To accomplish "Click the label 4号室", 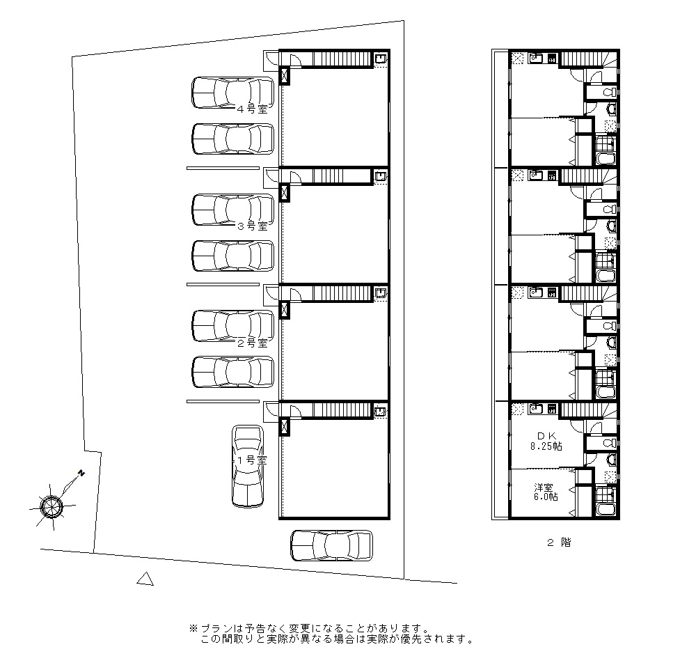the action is click(252, 109).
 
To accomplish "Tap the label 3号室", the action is click(252, 226).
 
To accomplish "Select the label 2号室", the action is click(252, 343).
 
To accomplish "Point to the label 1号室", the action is click(252, 460).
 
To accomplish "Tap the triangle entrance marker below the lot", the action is click(145, 579).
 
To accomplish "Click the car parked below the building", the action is click(331, 545).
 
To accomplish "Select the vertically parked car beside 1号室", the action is click(248, 467).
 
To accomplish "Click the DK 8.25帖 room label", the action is click(546, 442).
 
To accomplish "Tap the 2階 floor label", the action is click(559, 542).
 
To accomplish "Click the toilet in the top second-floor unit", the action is click(610, 92).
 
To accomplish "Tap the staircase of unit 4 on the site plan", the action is click(342, 58).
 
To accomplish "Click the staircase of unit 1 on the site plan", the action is click(342, 410).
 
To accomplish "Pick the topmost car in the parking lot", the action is click(233, 93).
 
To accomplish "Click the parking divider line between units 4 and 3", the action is click(223, 168).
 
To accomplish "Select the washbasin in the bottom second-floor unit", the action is click(612, 459).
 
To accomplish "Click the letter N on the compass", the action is click(81, 473).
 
